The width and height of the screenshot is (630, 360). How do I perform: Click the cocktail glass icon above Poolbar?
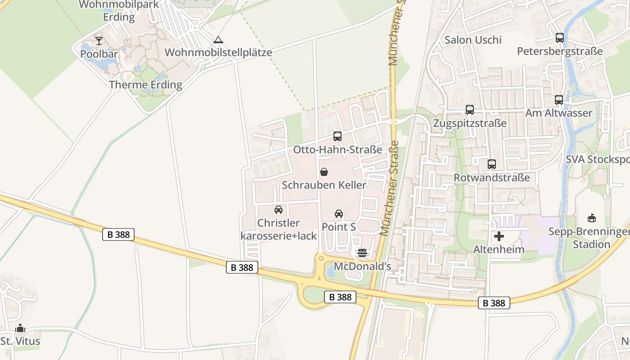(99, 41)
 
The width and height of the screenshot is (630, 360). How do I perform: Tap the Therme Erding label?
(146, 85)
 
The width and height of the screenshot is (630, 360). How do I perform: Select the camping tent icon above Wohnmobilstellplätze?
(218, 40)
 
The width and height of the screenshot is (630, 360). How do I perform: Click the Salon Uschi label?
(472, 40)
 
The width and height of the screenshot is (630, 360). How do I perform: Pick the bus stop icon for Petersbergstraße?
(560, 38)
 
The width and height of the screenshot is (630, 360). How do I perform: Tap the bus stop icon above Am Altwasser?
(559, 100)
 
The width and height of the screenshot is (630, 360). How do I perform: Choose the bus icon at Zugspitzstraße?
(470, 110)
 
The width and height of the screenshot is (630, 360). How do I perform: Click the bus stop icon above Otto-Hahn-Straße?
(337, 136)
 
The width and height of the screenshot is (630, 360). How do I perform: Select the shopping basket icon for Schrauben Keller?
(324, 172)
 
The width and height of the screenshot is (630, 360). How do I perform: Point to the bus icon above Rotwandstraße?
(492, 164)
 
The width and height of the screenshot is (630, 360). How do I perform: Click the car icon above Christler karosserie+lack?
(279, 210)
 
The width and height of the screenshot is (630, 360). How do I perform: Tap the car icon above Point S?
(339, 214)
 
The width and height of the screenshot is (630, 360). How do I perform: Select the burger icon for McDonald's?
(362, 253)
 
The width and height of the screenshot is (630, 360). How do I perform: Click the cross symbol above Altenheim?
(499, 236)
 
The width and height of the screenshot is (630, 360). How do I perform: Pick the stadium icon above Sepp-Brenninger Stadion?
(592, 218)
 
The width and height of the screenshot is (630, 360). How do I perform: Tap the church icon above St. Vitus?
(20, 328)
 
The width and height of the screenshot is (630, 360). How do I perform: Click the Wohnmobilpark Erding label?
(119, 11)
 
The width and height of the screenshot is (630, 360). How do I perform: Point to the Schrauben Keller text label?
(324, 185)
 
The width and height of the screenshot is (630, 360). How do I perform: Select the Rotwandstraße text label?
(492, 178)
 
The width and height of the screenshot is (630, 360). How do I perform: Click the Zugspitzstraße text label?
(470, 123)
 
